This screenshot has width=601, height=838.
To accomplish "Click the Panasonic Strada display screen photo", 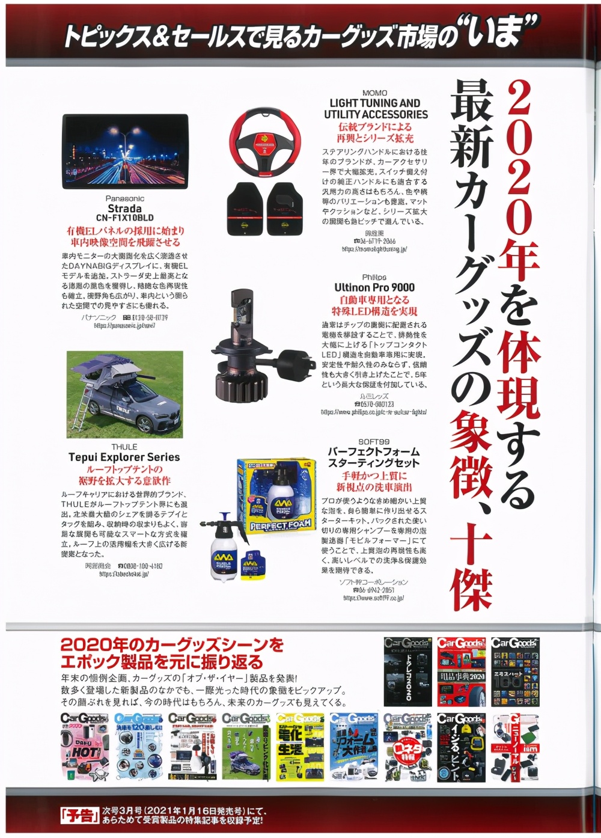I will click(x=125, y=151).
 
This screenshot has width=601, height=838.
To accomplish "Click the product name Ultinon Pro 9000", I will click(x=374, y=287).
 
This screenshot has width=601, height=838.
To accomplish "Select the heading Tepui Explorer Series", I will click(x=124, y=457).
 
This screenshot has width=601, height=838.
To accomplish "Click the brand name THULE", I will click(x=124, y=447).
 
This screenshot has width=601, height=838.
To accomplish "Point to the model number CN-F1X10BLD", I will click(x=124, y=218).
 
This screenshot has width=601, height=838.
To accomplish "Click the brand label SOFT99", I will click(x=373, y=441).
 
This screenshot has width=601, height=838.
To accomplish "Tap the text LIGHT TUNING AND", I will click(x=375, y=103).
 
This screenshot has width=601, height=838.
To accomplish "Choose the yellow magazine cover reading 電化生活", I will click(x=300, y=747).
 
